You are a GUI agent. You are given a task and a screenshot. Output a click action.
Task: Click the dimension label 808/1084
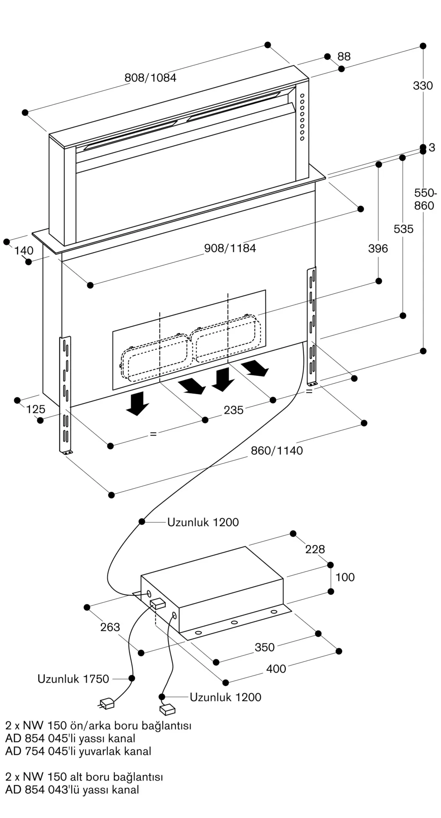pyautogui.click(x=150, y=77)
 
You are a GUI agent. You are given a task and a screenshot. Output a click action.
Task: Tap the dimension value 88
pyautogui.click(x=344, y=56)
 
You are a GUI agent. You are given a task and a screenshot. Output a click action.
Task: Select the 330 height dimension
pyautogui.click(x=423, y=85)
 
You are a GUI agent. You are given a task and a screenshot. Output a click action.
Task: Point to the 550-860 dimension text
pyautogui.click(x=425, y=199)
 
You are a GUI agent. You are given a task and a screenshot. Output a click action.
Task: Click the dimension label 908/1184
pyautogui.click(x=230, y=248)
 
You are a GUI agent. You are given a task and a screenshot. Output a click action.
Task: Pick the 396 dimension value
pyautogui.click(x=378, y=248)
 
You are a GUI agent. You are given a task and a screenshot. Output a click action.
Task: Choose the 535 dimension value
pyautogui.click(x=403, y=229)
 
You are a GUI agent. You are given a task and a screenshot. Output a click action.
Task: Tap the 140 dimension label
pyautogui.click(x=24, y=250)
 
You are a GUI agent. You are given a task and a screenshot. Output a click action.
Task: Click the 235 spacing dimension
pyautogui.click(x=233, y=410)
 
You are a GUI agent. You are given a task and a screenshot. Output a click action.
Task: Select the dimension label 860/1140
pyautogui.click(x=277, y=451)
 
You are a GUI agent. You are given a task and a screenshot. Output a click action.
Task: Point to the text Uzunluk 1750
pyautogui.click(x=73, y=679)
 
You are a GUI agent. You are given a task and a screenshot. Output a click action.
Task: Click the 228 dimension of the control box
pyautogui.click(x=315, y=549)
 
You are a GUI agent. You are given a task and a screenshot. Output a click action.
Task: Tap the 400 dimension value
pyautogui.click(x=276, y=669)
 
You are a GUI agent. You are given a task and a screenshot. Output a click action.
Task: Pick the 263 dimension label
pyautogui.click(x=110, y=627)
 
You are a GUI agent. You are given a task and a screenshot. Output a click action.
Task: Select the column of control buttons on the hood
pyautogui.click(x=302, y=117)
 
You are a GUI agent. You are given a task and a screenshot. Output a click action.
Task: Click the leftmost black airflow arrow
pyautogui.click(x=137, y=403)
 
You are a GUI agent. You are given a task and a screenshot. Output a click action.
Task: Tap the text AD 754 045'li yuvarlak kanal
pyautogui.click(x=78, y=751)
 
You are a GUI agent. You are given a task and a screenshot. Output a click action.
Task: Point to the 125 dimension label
pyautogui.click(x=36, y=409)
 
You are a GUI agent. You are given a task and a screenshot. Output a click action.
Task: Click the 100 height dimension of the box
pyautogui.click(x=345, y=577)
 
